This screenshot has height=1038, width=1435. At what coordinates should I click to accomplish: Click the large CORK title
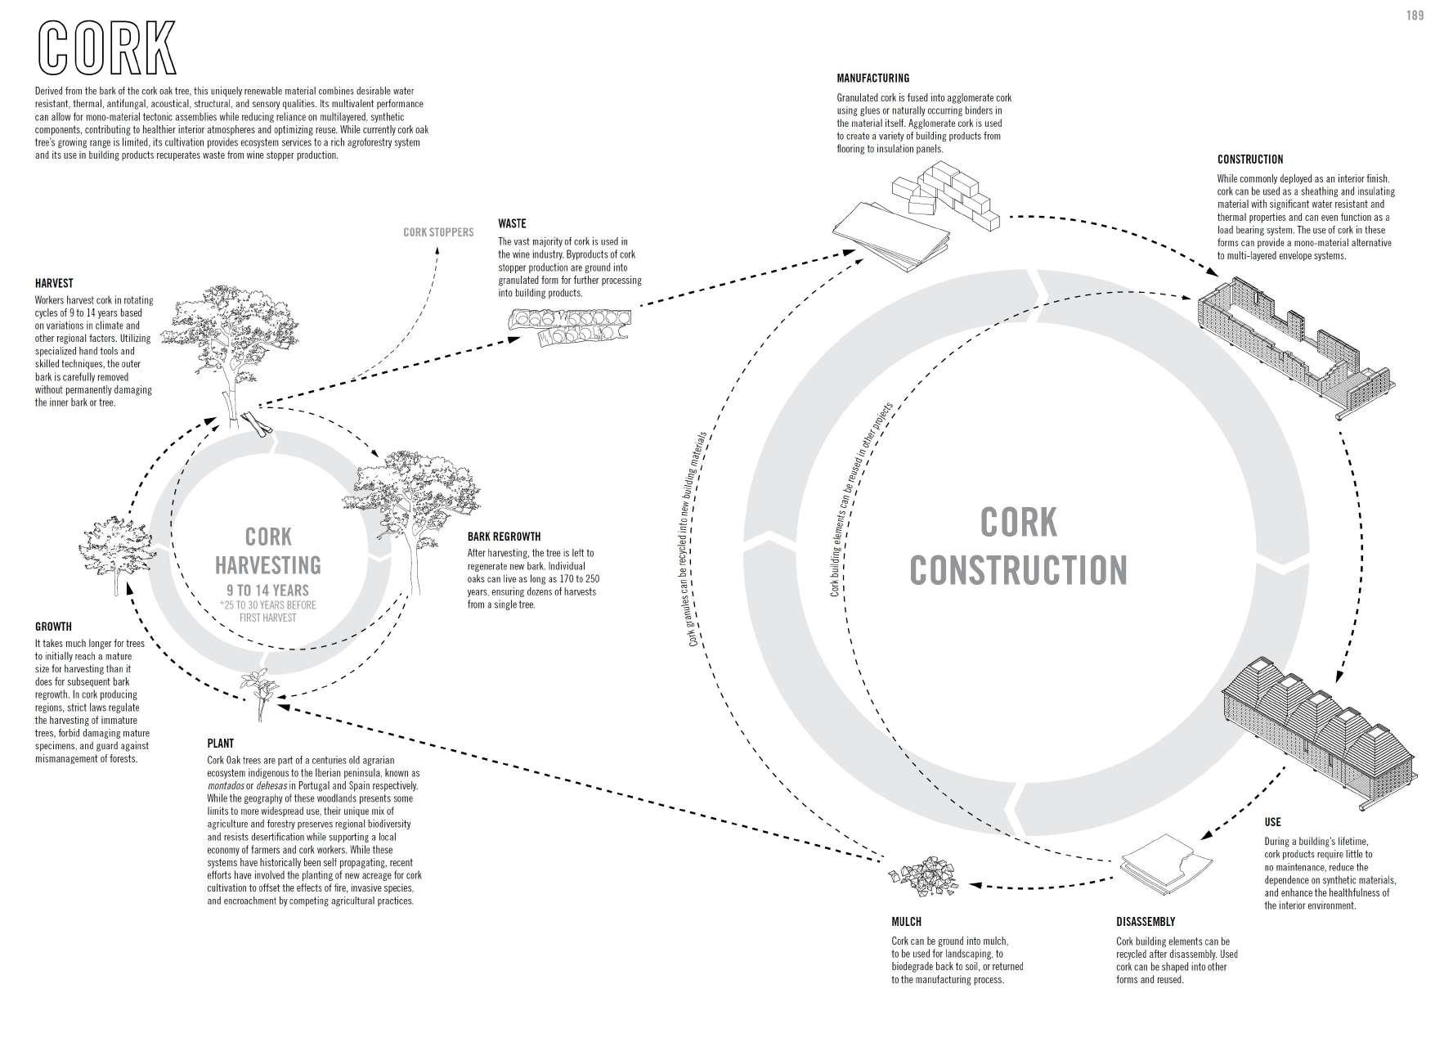point(106,47)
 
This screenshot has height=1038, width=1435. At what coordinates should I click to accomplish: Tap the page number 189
point(1415,15)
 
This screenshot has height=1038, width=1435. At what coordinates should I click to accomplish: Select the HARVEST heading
point(54,284)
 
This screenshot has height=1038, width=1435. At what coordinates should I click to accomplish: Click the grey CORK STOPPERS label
point(438,232)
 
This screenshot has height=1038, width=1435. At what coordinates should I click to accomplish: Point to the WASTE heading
point(512,223)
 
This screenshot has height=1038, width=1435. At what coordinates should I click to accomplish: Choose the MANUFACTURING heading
point(872,79)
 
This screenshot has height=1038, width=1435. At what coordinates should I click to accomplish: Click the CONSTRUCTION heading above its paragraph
point(1249,160)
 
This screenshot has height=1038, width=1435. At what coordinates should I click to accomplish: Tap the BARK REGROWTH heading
point(504,537)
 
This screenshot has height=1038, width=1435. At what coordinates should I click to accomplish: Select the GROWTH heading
point(53,627)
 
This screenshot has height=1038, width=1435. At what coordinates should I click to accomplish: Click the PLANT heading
point(220,744)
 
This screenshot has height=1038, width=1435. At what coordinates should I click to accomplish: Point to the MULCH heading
point(908,922)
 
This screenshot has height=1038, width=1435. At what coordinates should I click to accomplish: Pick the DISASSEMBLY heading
point(1145,922)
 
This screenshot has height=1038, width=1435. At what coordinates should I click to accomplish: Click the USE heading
point(1272,822)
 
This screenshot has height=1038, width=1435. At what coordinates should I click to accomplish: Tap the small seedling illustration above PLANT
point(258,692)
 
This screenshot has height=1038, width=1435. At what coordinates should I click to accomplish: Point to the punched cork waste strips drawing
point(569,326)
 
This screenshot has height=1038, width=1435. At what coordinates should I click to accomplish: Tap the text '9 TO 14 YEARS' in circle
point(267,590)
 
